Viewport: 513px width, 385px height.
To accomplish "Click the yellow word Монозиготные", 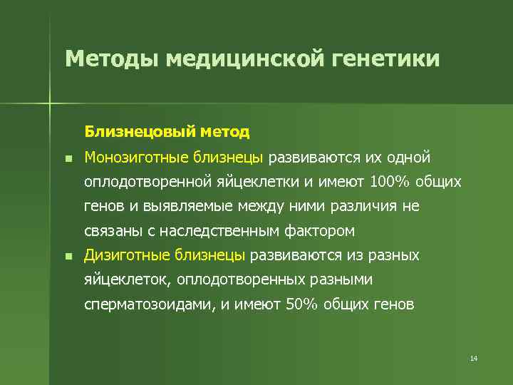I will (129, 157).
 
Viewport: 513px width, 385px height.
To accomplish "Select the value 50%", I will (301, 304).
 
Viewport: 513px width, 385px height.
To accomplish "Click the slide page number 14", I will (474, 358).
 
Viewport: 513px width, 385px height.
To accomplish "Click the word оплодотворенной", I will (146, 182).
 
